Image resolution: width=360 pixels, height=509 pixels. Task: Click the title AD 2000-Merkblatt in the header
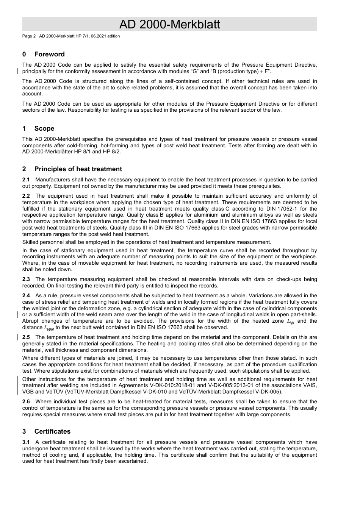point(169,25)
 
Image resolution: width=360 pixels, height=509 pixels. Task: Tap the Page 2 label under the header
point(29,36)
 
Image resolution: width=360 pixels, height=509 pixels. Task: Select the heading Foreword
point(49,54)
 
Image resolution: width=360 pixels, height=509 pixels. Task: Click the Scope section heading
point(44,128)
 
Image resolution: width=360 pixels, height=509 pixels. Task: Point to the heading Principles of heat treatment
point(78,169)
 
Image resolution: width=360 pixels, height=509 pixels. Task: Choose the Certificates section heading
point(52,431)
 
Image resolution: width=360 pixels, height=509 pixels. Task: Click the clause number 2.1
point(26,180)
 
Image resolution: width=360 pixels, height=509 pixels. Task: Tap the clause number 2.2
point(26,196)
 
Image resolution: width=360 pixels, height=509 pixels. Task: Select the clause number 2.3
point(26,279)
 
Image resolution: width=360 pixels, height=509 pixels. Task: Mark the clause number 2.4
point(26,296)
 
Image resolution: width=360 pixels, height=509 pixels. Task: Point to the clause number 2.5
point(26,337)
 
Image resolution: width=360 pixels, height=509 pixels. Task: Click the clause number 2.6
point(26,402)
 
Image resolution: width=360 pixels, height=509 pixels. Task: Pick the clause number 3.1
point(26,442)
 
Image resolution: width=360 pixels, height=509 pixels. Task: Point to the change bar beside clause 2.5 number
point(17,337)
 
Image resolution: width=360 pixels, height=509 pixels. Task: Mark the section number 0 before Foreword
point(24,54)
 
